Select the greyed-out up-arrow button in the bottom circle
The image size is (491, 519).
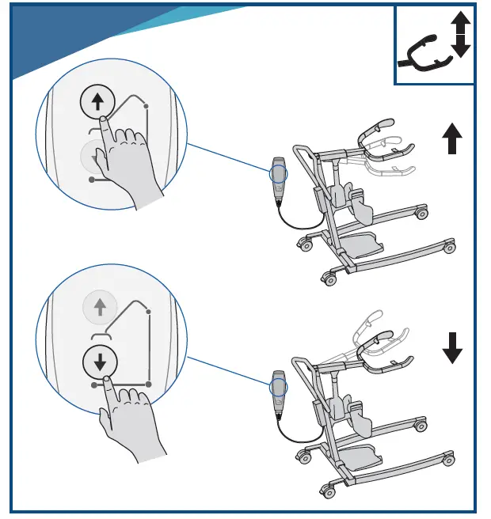100,307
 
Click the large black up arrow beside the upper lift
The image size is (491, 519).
452,141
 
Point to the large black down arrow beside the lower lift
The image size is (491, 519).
452,348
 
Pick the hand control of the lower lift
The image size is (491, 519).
278,390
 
